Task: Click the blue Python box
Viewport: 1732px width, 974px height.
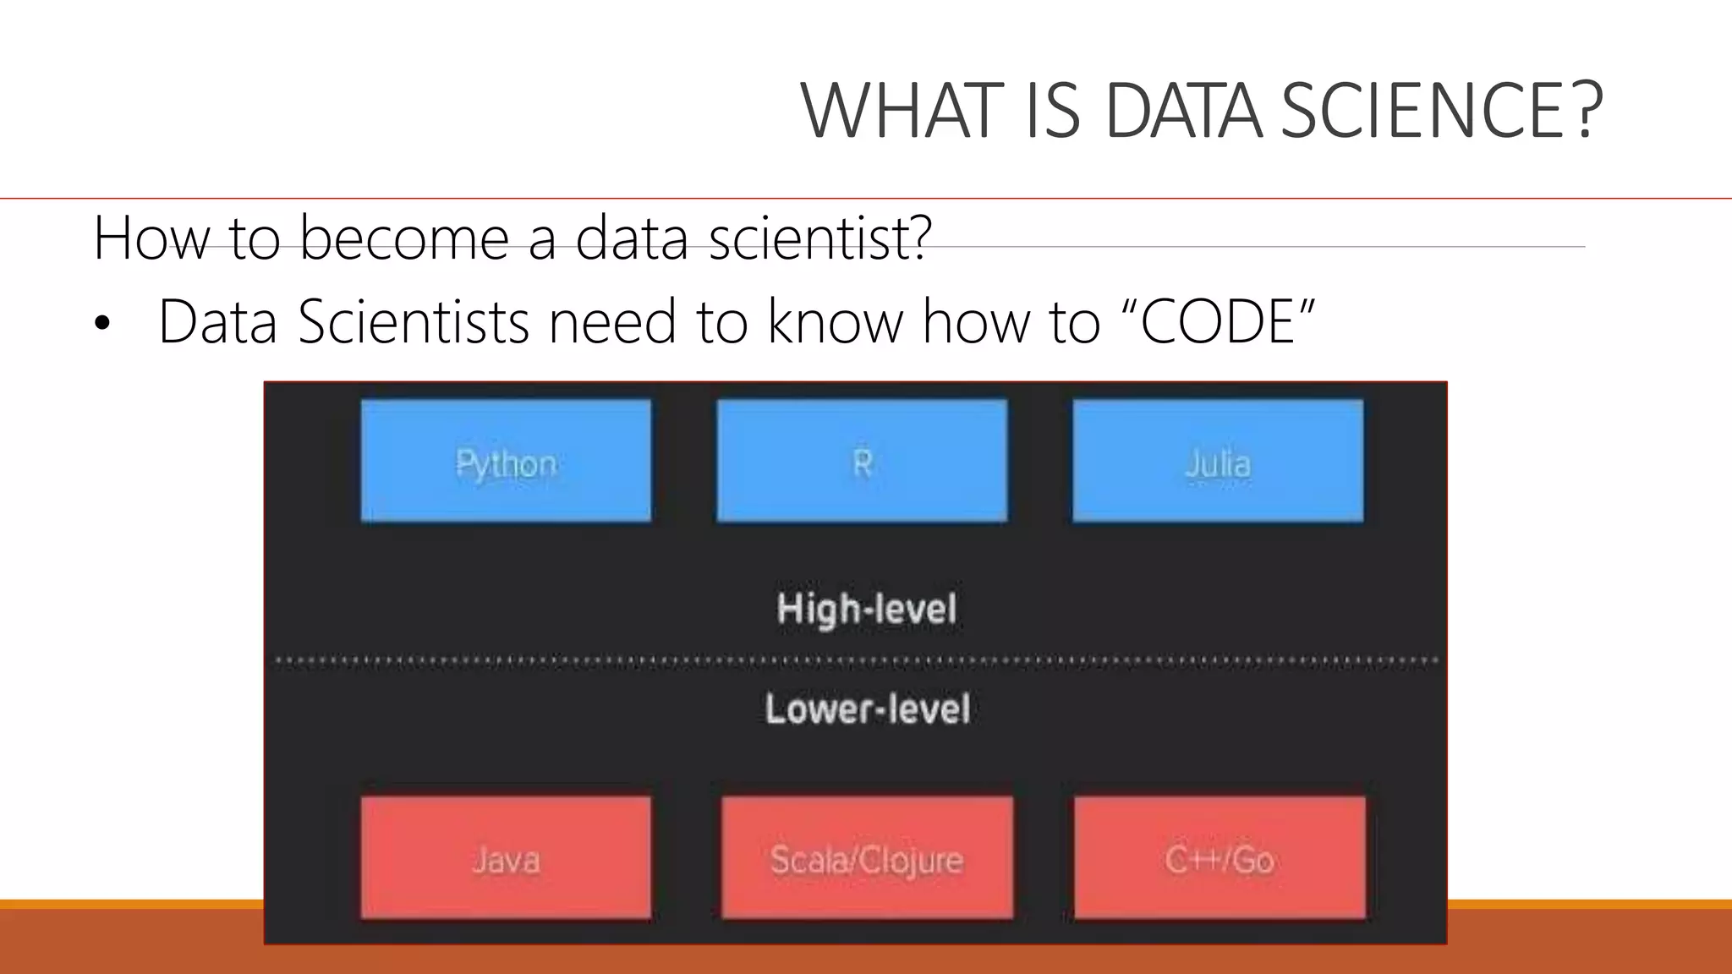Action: point(506,461)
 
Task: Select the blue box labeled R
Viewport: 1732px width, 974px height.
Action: point(862,461)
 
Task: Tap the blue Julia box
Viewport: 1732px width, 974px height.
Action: point(1218,461)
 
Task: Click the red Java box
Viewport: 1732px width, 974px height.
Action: point(506,857)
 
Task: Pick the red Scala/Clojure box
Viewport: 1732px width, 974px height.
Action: point(867,857)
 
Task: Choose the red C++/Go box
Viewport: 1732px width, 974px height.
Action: point(1220,857)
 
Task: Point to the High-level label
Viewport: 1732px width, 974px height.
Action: point(867,609)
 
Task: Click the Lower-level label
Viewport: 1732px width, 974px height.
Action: point(868,709)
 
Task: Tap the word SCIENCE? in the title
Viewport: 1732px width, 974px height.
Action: point(1441,112)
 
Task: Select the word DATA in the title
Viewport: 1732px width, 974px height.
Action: point(1182,112)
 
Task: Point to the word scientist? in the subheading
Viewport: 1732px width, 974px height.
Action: point(819,238)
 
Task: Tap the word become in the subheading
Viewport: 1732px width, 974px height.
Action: point(404,238)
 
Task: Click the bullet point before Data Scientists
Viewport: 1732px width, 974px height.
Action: point(102,325)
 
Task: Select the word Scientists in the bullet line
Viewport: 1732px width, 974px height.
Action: point(414,322)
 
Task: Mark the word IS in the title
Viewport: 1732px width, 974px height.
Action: point(1053,112)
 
